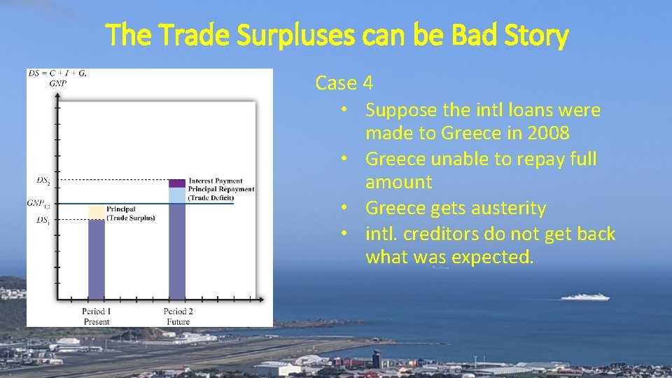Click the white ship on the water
click(x=584, y=297)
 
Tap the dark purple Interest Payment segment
click(x=177, y=183)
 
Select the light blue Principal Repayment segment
click(x=177, y=195)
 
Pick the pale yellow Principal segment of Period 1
click(x=96, y=212)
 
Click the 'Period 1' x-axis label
click(x=96, y=311)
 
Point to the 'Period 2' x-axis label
click(x=178, y=311)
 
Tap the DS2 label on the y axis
click(x=43, y=180)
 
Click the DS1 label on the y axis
click(x=43, y=220)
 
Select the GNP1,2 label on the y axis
click(x=38, y=204)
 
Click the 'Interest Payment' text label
click(x=216, y=181)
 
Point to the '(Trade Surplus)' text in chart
click(x=131, y=218)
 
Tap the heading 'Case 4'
click(x=344, y=83)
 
